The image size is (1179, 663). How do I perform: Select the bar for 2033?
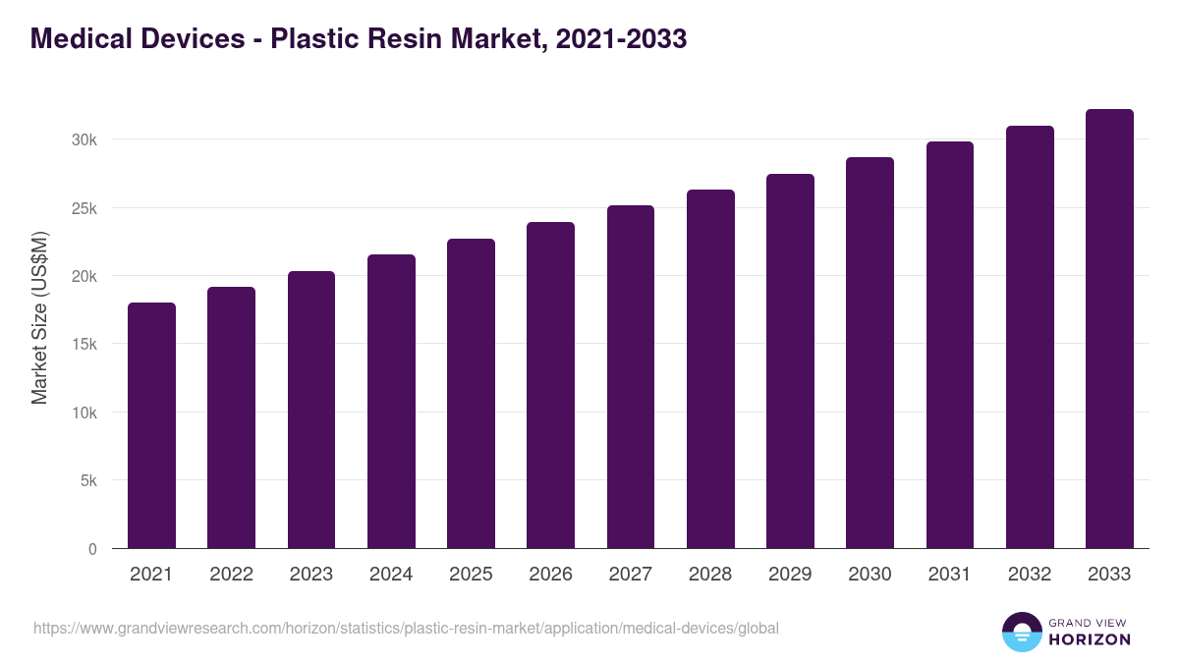coord(1109,329)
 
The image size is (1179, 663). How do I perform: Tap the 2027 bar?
coord(631,377)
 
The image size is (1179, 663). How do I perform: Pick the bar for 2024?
coord(391,402)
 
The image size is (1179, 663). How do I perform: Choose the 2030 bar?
coord(870,353)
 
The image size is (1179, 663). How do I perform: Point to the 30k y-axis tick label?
coord(84,139)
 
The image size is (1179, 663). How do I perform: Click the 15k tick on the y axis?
coord(84,345)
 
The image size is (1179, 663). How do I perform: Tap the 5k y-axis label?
coord(88,481)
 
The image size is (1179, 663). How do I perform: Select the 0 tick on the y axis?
coord(92,549)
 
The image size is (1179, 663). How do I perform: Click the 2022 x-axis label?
coord(231,575)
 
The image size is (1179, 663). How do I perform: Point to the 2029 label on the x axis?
coord(790,575)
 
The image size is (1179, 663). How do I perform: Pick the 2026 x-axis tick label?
coord(550,575)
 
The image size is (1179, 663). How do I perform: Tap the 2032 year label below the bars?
coord(1030,575)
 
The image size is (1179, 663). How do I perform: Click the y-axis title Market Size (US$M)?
coord(40,317)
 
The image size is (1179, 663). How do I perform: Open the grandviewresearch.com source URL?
coord(406,628)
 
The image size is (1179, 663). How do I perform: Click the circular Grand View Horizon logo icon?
coord(1022,632)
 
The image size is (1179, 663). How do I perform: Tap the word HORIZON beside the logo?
coord(1089,639)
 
